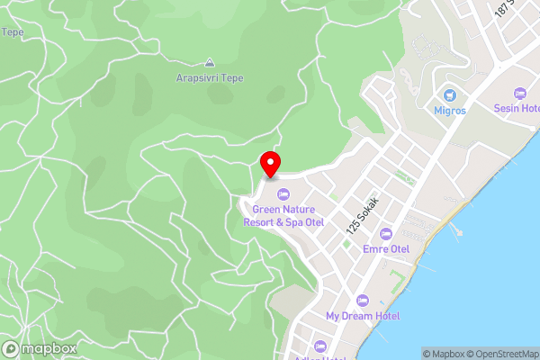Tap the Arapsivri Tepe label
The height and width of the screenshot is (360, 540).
coord(210,78)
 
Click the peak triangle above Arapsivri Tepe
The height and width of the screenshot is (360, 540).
coord(210,63)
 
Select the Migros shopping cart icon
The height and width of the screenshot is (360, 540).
coord(450,94)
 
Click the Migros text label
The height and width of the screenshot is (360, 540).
coord(450,111)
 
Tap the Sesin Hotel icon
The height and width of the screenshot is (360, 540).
coord(518,93)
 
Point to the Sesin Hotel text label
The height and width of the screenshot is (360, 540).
coord(517,108)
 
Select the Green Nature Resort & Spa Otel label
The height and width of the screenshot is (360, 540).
coord(283,215)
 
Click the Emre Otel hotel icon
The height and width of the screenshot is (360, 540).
coord(386,234)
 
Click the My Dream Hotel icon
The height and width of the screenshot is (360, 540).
coord(363,301)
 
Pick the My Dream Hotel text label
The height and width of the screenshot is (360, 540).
coord(363,316)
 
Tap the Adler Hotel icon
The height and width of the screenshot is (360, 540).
coord(321,346)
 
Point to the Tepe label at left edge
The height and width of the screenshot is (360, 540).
coord(12,31)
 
